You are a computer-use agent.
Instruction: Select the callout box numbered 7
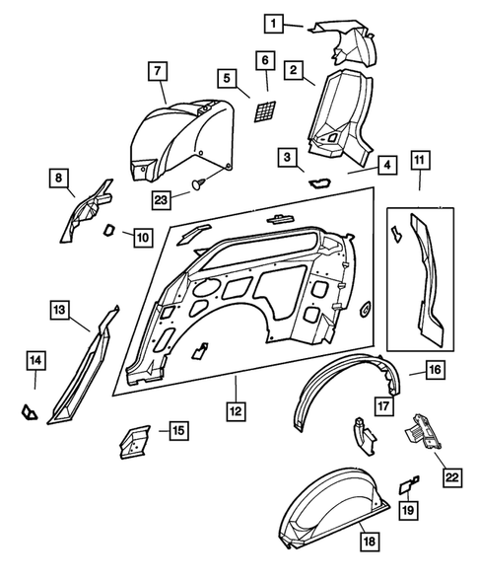click(x=156, y=71)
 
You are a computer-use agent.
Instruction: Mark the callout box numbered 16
click(x=435, y=370)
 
